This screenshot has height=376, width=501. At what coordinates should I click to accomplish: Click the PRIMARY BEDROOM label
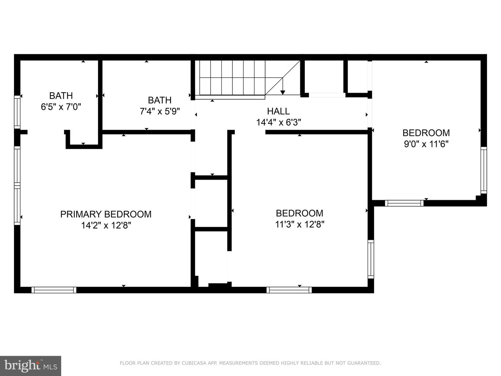click(106, 214)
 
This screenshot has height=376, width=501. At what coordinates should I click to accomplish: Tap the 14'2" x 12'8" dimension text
click(106, 226)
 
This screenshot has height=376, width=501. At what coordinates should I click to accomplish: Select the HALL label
click(278, 111)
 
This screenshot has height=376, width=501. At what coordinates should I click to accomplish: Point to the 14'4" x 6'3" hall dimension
click(278, 122)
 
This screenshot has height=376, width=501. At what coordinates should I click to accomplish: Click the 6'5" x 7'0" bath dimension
click(61, 107)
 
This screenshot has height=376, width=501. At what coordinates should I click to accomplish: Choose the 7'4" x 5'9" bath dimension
click(160, 111)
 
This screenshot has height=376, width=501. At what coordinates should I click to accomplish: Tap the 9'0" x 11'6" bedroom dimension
click(426, 144)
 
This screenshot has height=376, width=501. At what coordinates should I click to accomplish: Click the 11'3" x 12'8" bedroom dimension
click(300, 225)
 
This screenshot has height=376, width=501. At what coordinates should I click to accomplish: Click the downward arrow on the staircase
click(283, 87)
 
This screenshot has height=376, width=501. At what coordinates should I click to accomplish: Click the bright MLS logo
click(31, 366)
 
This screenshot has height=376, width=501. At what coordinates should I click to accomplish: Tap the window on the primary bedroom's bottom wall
click(54, 290)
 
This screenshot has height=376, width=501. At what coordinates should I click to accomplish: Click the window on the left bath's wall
click(17, 112)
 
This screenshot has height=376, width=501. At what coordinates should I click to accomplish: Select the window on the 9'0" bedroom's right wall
click(484, 170)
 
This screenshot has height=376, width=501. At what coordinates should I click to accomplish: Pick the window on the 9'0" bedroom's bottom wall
click(404, 203)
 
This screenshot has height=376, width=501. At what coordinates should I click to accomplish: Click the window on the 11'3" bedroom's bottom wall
click(289, 290)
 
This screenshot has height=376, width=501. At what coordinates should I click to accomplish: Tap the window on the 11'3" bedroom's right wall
click(371, 259)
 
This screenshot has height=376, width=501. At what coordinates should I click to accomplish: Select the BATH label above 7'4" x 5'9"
click(160, 100)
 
